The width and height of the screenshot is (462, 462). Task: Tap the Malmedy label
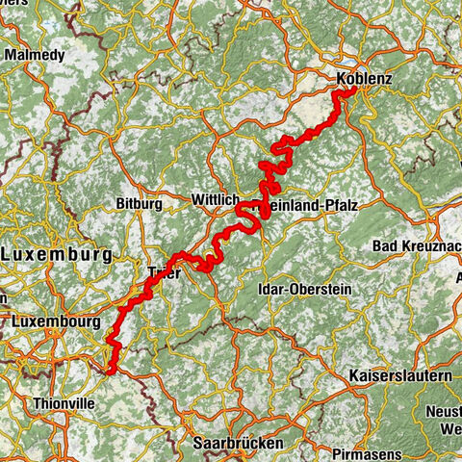click(35, 55)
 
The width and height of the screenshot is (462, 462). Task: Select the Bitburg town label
click(134, 204)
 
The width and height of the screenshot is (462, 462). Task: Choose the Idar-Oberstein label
click(305, 289)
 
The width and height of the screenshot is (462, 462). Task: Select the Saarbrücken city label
click(238, 442)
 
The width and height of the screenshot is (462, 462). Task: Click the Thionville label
click(64, 403)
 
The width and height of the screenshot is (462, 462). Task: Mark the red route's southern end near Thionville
click(112, 370)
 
